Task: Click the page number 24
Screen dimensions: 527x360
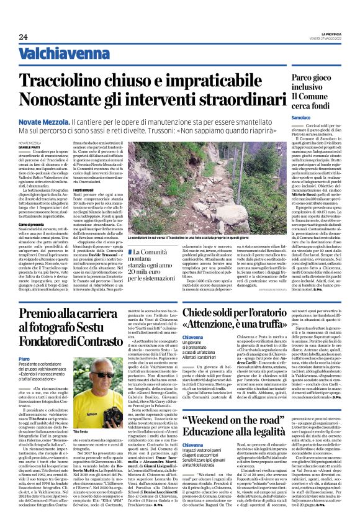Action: coord(23,37)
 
